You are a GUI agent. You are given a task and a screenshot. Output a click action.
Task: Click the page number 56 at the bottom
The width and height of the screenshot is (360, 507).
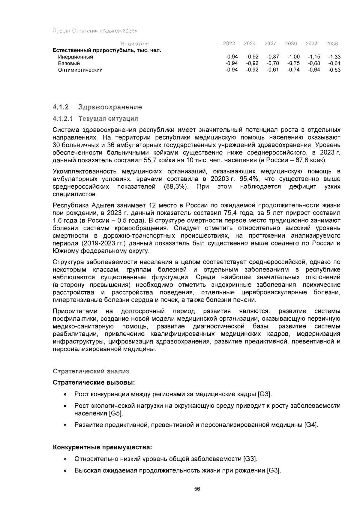[197, 489]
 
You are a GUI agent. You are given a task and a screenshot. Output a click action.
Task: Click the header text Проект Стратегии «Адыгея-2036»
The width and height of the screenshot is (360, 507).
[95, 31]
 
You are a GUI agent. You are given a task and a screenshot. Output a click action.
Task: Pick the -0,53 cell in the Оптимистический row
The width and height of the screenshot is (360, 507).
[334, 70]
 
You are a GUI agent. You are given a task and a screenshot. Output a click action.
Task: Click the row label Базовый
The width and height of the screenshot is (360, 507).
[69, 64]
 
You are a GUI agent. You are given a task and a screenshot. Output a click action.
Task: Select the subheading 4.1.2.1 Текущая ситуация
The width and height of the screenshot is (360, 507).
[95, 119]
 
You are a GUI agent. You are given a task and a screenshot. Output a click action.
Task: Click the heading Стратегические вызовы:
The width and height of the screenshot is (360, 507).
[94, 383]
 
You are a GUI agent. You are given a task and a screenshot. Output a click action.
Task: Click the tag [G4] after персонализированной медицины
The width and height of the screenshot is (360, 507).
[311, 425]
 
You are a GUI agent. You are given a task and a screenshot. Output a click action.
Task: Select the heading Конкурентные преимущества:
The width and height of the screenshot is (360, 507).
[102, 448]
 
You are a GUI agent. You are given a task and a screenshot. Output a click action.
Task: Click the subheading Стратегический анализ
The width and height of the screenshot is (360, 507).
[91, 371]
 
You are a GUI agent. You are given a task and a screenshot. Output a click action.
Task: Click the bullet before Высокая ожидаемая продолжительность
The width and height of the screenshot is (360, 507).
[65, 471]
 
